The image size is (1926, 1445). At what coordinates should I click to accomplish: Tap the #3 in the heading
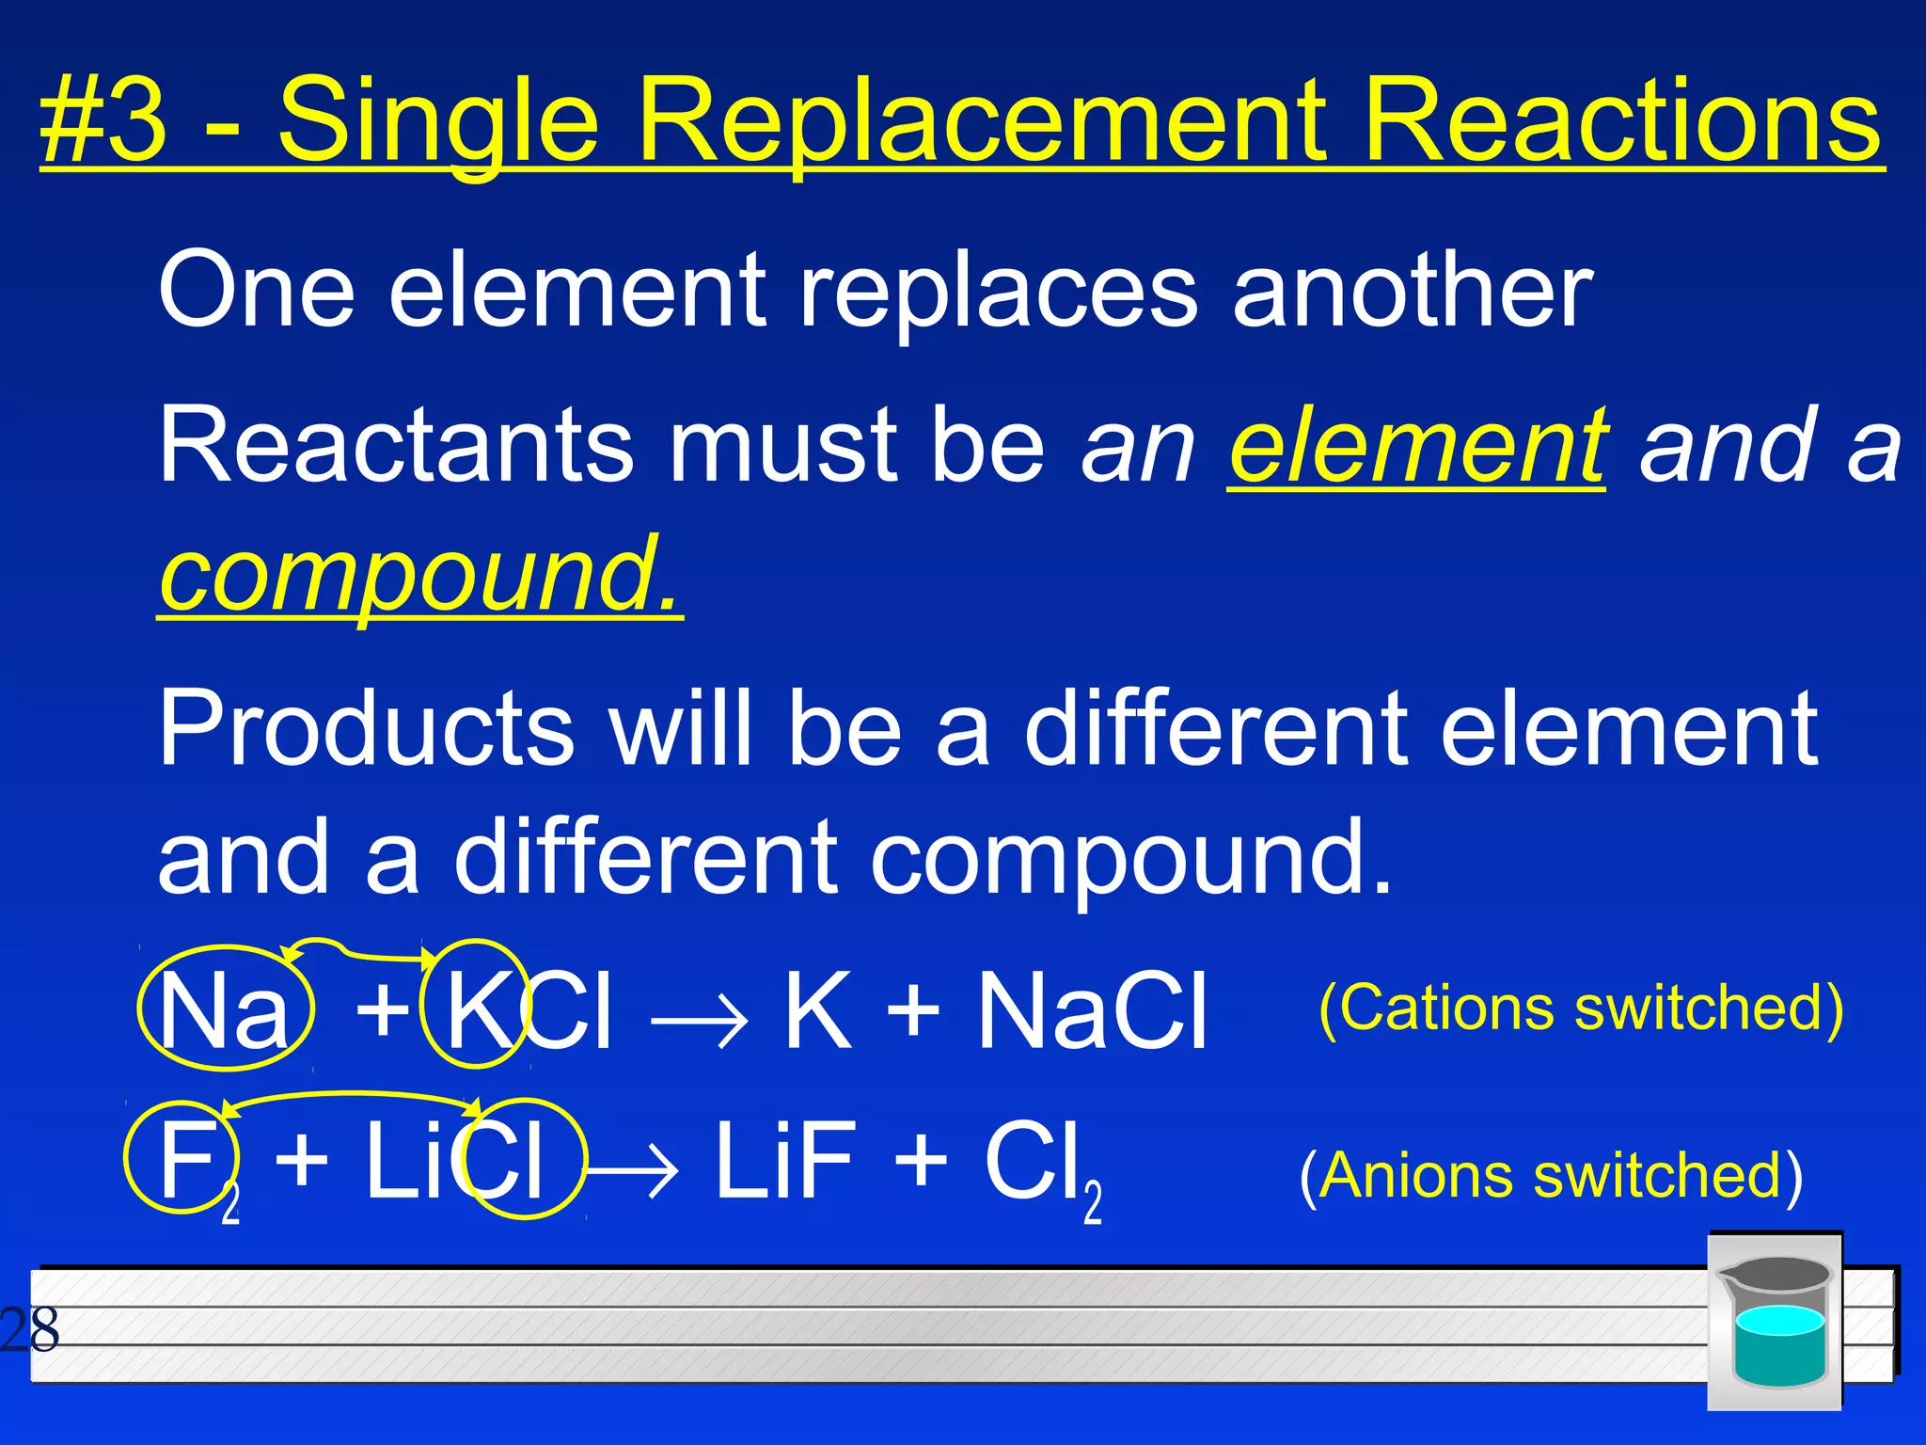(x=103, y=122)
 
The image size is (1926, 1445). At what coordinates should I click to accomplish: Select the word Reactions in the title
(x=1621, y=122)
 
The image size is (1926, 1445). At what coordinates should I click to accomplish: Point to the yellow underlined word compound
(x=419, y=574)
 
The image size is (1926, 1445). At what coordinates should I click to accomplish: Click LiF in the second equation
(x=786, y=1161)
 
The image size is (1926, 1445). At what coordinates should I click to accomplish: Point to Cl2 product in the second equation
(x=1040, y=1167)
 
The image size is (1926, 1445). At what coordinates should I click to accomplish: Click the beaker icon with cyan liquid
(x=1774, y=1321)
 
